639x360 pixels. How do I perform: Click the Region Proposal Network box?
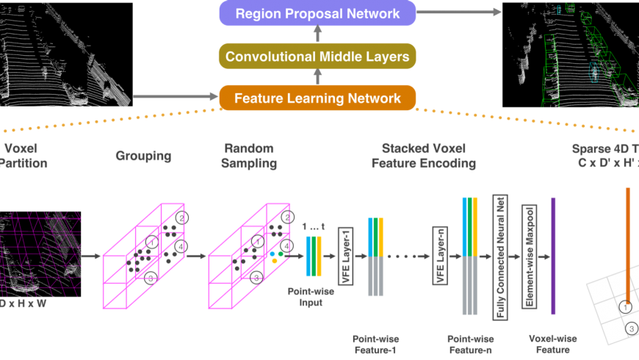click(317, 13)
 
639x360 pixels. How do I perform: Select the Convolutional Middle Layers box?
click(317, 56)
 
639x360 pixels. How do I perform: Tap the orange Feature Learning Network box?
click(317, 98)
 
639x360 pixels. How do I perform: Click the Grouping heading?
click(142, 156)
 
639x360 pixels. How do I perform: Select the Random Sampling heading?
click(250, 156)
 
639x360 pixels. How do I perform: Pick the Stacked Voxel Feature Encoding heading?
click(428, 156)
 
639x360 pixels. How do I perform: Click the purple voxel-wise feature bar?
click(553, 256)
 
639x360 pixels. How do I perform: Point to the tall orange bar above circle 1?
click(628, 242)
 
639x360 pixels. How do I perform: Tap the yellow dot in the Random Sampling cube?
click(274, 261)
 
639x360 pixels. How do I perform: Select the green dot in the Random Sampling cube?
click(281, 254)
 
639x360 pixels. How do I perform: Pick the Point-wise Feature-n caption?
click(470, 343)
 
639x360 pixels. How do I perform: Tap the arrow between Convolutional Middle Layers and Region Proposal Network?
click(317, 34)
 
